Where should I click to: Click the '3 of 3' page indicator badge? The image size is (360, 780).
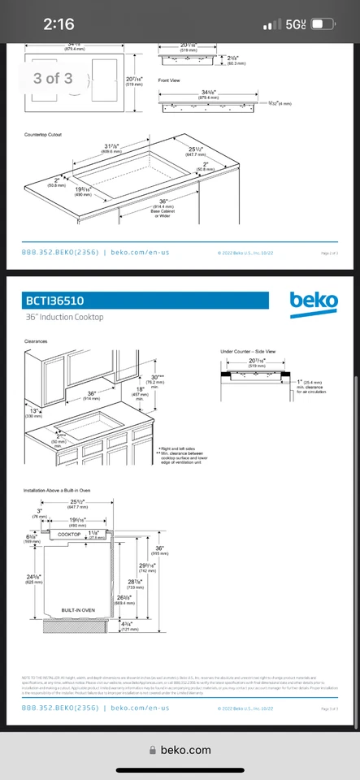coord(53,78)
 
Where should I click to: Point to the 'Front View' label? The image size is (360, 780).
coord(168,81)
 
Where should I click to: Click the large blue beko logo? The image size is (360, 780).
coord(314,301)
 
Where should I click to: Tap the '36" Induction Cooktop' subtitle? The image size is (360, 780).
coord(66,317)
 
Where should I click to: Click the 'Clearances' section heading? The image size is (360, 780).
coord(36,342)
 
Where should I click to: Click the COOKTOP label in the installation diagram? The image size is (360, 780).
coord(69,534)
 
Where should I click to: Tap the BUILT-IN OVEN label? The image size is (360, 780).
coord(79,609)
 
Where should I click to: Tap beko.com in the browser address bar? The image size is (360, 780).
coord(185,750)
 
